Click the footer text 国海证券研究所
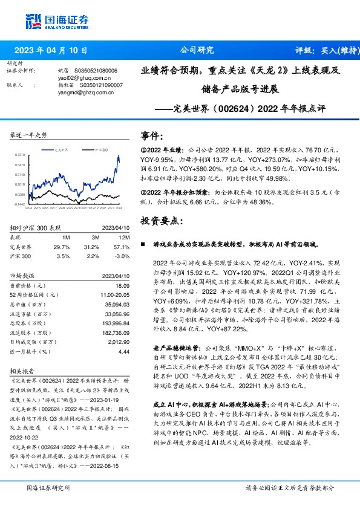pos(46,487)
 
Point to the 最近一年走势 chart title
pos(28,135)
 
